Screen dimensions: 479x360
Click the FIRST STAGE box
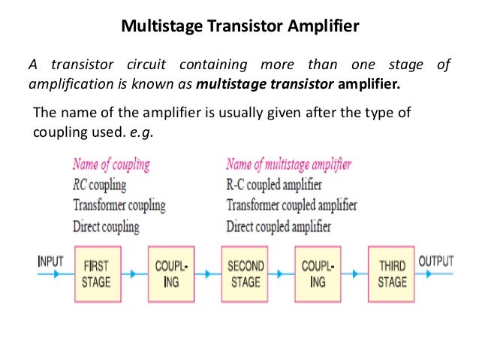click(x=98, y=274)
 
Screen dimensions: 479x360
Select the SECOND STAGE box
click(x=245, y=274)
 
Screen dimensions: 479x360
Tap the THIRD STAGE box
click(x=391, y=274)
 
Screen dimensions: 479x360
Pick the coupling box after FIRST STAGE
click(x=171, y=274)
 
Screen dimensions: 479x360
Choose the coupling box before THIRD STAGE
click(x=318, y=274)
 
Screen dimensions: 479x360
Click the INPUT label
click(x=51, y=262)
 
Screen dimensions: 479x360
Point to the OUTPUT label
click(x=436, y=262)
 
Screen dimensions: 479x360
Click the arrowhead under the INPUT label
click(x=56, y=274)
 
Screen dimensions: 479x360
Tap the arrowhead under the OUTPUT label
click(x=429, y=274)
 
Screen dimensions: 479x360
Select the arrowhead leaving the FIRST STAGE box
click(x=133, y=274)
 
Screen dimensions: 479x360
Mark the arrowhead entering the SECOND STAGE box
click(x=208, y=274)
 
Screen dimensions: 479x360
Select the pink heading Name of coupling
click(x=111, y=165)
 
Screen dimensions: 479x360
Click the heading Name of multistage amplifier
click(x=289, y=165)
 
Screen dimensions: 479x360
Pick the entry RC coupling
click(x=100, y=185)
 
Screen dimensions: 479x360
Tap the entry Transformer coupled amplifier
click(x=292, y=205)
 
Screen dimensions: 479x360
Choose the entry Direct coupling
click(x=106, y=227)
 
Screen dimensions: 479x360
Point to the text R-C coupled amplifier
click(x=274, y=185)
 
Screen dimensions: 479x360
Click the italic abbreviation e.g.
click(x=141, y=133)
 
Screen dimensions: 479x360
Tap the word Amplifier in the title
click(x=323, y=26)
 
